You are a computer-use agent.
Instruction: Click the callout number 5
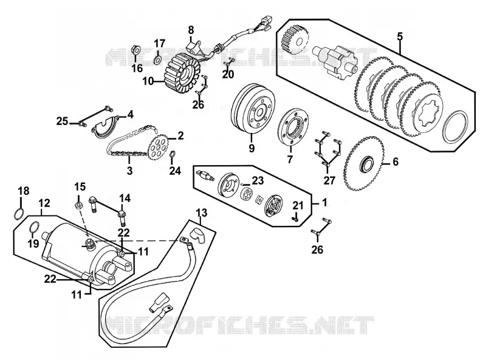(400, 36)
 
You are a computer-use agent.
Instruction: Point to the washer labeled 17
(158, 59)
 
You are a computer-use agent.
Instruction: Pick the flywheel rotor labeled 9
(253, 109)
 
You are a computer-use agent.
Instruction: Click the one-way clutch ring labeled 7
(293, 127)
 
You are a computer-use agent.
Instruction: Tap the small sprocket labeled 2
(158, 146)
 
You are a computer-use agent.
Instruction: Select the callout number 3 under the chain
(129, 171)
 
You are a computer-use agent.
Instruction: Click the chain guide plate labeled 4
(106, 126)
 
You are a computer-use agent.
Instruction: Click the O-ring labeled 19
(34, 227)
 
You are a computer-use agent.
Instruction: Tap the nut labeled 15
(79, 205)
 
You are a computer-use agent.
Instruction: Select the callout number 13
(202, 213)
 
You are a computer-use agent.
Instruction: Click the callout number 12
(44, 203)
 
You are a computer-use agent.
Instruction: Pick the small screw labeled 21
(295, 219)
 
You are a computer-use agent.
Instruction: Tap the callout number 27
(329, 180)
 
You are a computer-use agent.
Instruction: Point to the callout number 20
(228, 74)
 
